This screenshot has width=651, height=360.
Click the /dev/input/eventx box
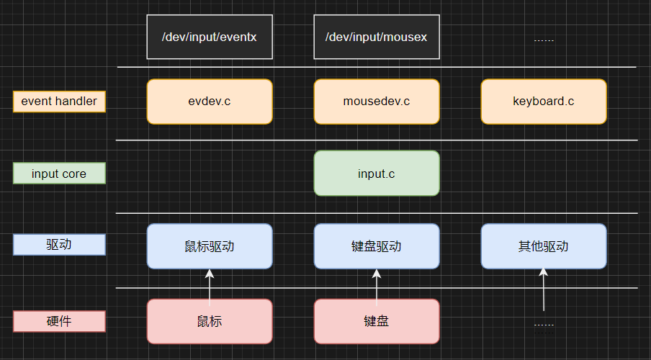pos(210,37)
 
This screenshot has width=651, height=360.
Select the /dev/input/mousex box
pos(377,37)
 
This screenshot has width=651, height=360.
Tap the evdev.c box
pos(210,102)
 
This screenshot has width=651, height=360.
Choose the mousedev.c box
pos(377,102)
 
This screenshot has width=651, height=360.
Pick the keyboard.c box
pos(544,102)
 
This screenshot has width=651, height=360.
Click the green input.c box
pos(377,174)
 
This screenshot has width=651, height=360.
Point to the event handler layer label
pos(59,102)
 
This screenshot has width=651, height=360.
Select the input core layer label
pos(59,174)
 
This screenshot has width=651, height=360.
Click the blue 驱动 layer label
pos(59,246)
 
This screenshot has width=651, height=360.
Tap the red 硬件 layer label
pos(59,321)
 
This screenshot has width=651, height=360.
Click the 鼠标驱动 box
pos(210,246)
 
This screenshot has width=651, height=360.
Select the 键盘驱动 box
pos(377,246)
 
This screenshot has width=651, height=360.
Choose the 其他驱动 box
pos(544,246)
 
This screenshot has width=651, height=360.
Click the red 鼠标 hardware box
pos(210,321)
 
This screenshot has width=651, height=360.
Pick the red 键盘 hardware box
pos(377,321)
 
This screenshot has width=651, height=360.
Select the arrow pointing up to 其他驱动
pos(544,288)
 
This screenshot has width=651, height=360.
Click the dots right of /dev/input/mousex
pos(544,39)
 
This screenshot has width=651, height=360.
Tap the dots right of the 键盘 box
pos(544,324)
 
